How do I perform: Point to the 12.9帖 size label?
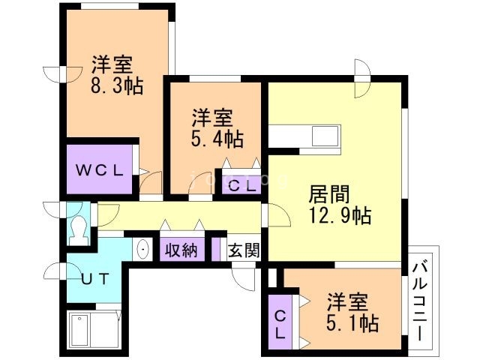point(340,217)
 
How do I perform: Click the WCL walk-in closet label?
point(98,169)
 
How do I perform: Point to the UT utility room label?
point(96,278)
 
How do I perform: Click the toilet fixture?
point(77,229)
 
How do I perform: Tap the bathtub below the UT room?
point(93,330)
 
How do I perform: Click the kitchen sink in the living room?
point(324,137)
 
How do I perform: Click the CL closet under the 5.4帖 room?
point(241,185)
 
